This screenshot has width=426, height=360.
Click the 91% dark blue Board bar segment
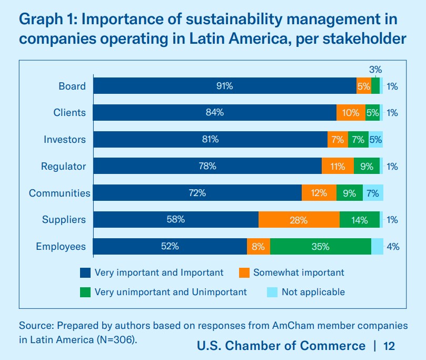pyautogui.click(x=225, y=86)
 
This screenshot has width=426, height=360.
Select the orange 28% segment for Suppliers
pyautogui.click(x=299, y=220)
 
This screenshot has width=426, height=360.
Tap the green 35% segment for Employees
pyautogui.click(x=320, y=246)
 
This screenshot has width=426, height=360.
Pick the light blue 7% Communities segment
pyautogui.click(x=373, y=193)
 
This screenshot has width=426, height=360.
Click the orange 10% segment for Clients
pyautogui.click(x=351, y=113)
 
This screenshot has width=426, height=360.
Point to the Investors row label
pyautogui.click(x=64, y=140)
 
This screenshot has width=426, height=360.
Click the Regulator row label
pyautogui.click(x=63, y=167)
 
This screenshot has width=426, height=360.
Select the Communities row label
pyautogui.click(x=60, y=193)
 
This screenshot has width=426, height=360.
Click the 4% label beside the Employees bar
pyautogui.click(x=392, y=246)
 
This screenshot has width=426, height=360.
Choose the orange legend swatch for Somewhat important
pyautogui.click(x=244, y=273)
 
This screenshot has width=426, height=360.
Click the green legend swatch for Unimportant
pyautogui.click(x=85, y=292)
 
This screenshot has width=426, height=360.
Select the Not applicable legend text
pyautogui.click(x=313, y=292)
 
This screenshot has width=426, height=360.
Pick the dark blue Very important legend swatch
pyautogui.click(x=85, y=273)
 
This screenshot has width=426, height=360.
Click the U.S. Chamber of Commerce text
pyautogui.click(x=281, y=346)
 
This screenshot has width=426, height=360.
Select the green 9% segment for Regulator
pyautogui.click(x=366, y=167)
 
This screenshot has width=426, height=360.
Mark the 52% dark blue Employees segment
pyautogui.click(x=170, y=246)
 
